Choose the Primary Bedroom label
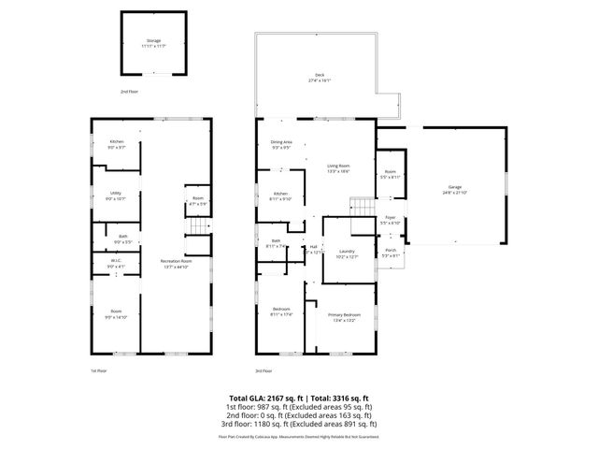[343, 317]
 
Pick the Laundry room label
[346, 253]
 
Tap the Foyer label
[390, 220]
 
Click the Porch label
[390, 253]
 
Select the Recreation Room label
[174, 263]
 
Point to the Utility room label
[115, 195]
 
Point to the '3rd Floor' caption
[263, 370]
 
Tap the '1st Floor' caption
[97, 370]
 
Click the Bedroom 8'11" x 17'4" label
[281, 311]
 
